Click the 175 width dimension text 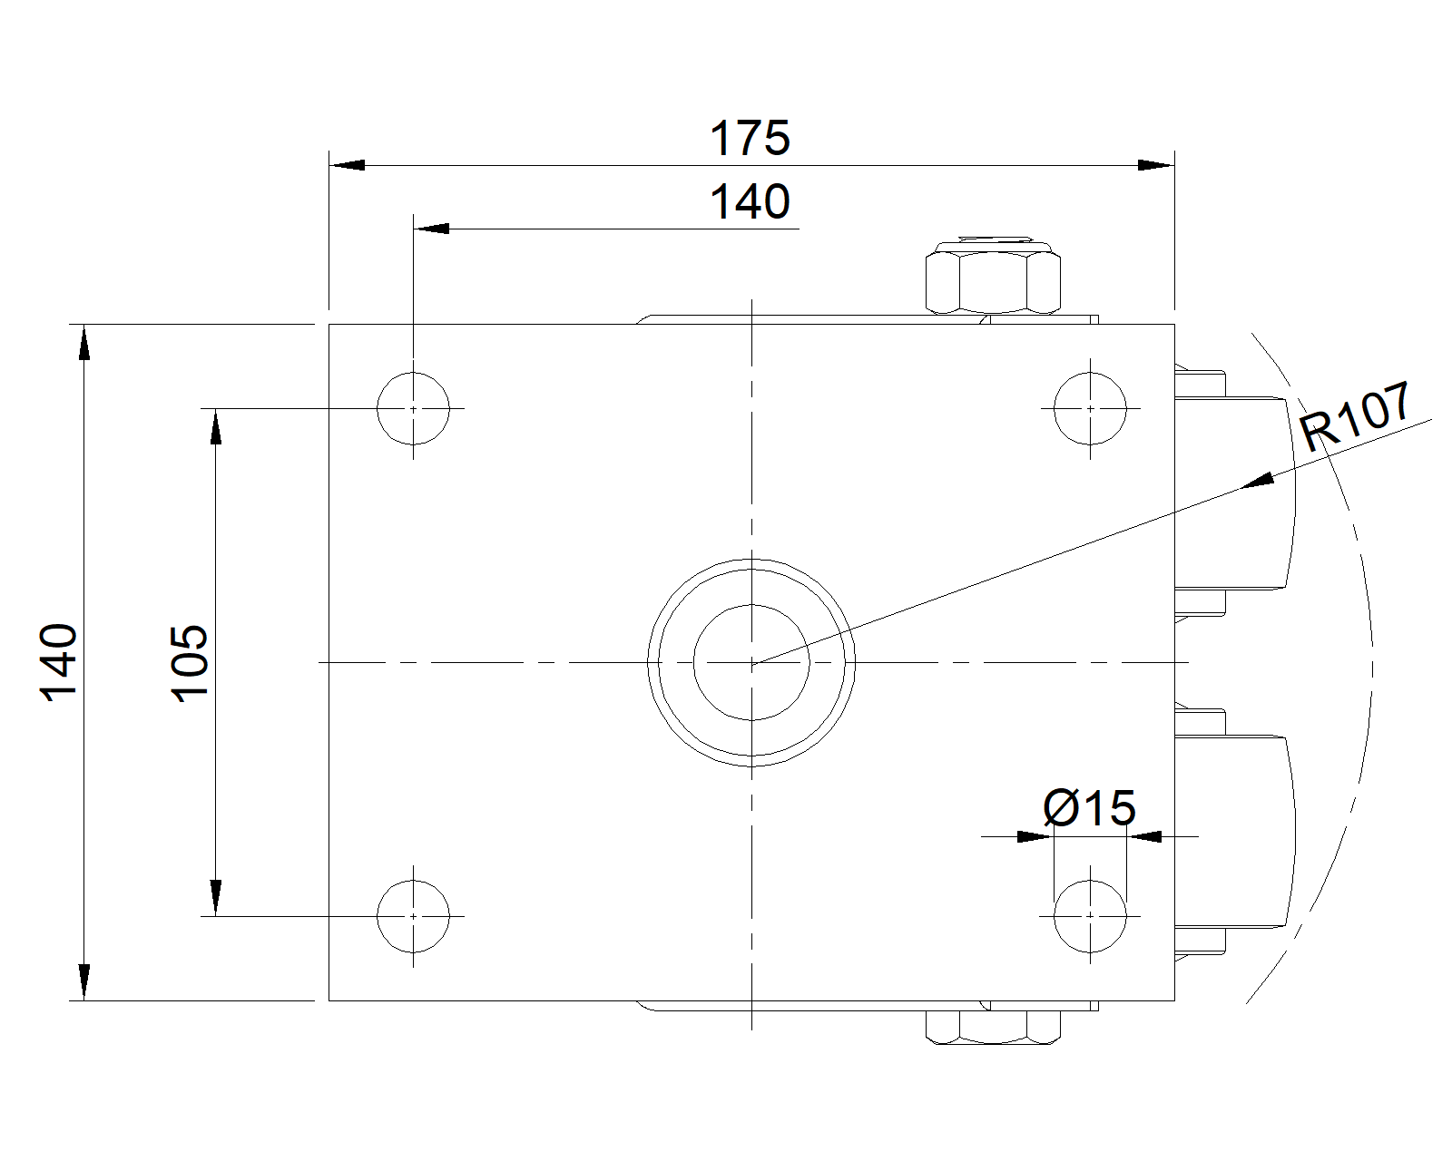[x=750, y=138]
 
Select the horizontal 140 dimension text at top [x=750, y=201]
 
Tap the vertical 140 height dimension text [x=59, y=662]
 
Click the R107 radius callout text [x=1356, y=416]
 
